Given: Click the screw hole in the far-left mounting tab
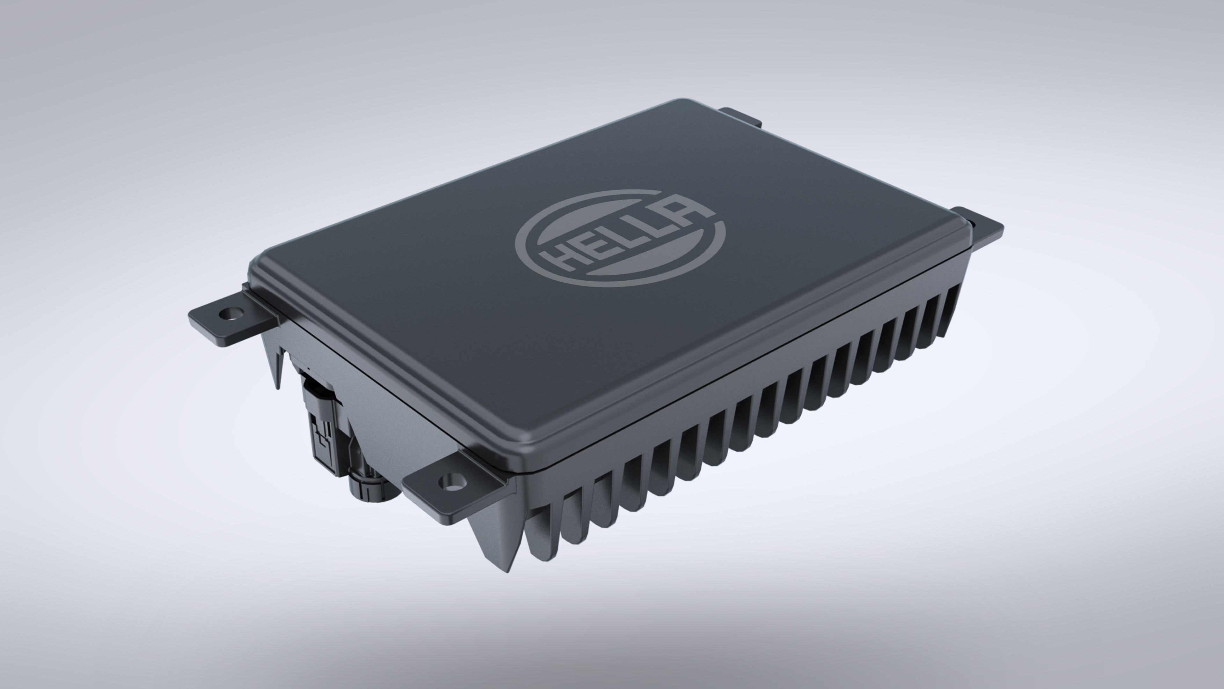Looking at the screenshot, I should pyautogui.click(x=231, y=313).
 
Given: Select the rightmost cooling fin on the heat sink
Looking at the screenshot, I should pyautogui.click(x=950, y=309).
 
